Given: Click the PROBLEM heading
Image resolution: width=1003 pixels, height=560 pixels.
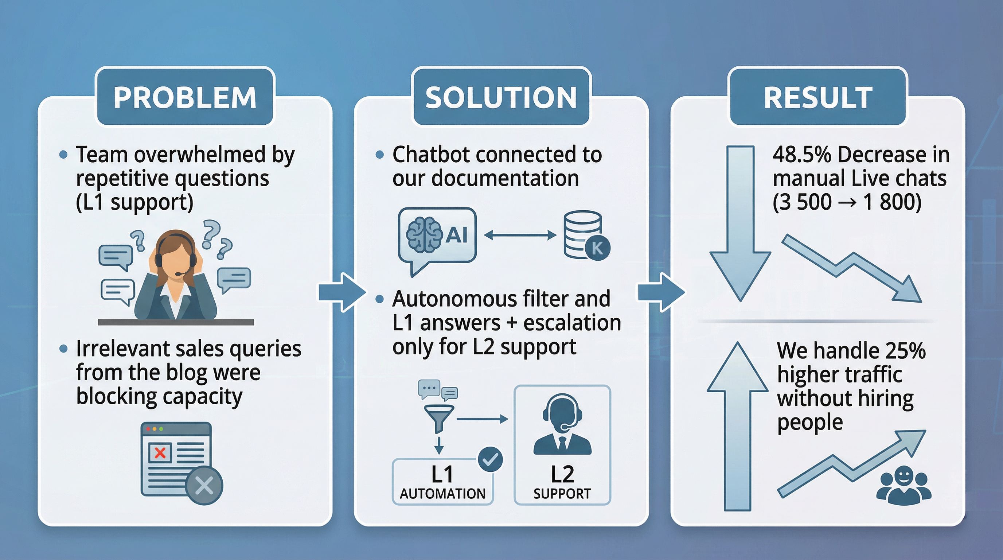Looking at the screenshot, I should [185, 97].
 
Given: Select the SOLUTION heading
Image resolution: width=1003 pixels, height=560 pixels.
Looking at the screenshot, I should [501, 97].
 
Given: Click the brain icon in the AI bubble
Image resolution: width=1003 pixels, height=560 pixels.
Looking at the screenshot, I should [424, 235].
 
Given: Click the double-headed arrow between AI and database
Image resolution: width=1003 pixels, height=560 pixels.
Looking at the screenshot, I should [520, 235].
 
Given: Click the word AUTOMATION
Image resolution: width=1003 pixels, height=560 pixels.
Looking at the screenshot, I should [442, 494].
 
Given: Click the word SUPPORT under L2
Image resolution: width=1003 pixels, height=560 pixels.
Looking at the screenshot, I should [562, 494].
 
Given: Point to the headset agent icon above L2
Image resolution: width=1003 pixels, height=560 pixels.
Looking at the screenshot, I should [562, 424].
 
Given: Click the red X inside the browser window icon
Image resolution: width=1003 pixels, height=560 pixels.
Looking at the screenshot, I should [160, 453].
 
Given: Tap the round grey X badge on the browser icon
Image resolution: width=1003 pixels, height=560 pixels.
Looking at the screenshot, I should [204, 485].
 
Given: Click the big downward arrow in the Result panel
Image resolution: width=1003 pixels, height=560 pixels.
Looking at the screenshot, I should [740, 222].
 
